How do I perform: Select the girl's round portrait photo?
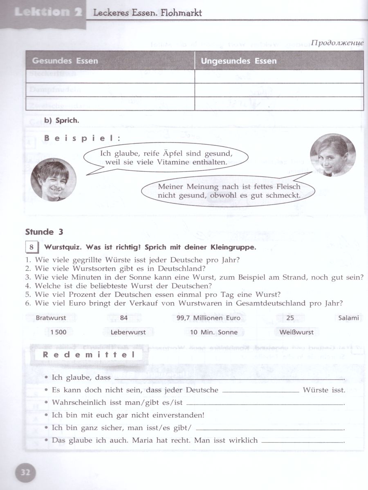(332, 156)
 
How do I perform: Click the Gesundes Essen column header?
(65, 61)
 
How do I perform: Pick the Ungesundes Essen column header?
(239, 61)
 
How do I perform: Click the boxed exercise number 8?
(31, 247)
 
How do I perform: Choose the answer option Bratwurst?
(51, 318)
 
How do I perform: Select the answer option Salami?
(348, 318)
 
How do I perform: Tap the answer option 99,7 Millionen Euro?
(211, 318)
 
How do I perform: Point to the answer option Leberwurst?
(128, 332)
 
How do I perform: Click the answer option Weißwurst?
(296, 332)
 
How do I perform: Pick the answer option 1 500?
(58, 332)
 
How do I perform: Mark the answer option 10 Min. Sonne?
(213, 332)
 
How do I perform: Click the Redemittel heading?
(89, 355)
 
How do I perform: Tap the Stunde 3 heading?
(44, 232)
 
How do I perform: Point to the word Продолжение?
(337, 43)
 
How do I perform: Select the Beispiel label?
(82, 138)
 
